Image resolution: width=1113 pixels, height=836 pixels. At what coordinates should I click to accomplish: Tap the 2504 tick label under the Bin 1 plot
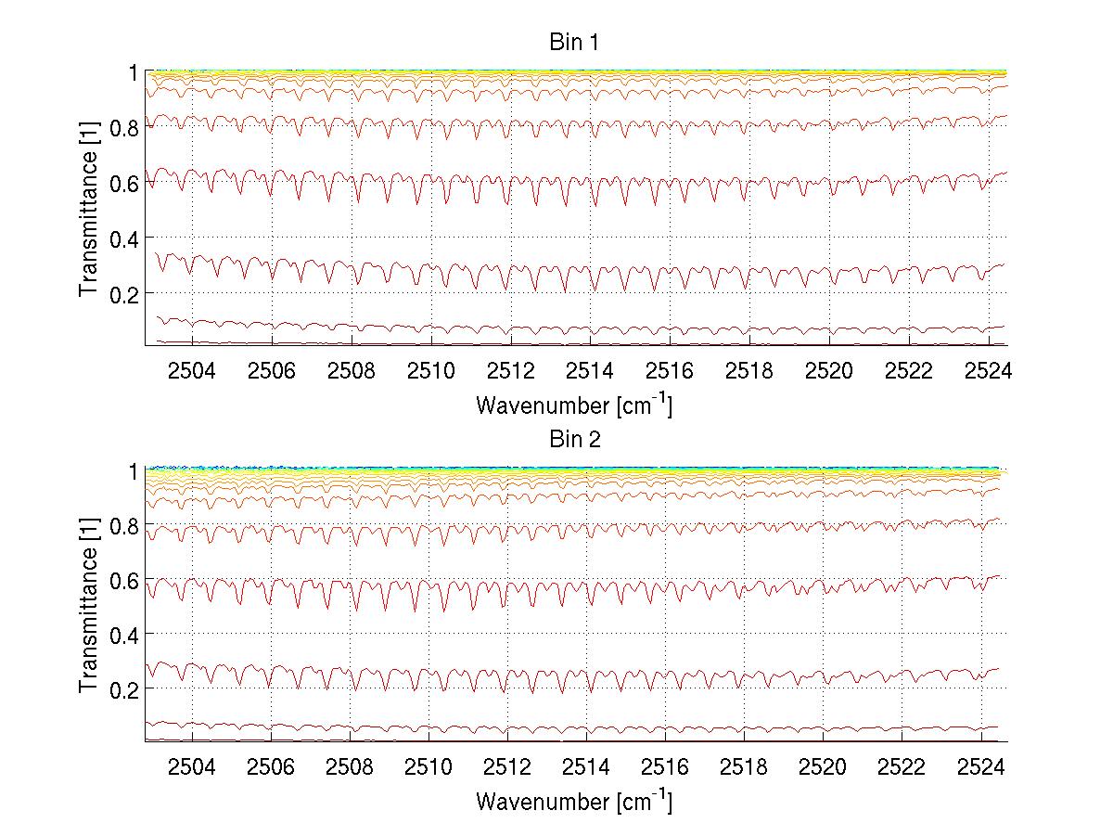(x=192, y=371)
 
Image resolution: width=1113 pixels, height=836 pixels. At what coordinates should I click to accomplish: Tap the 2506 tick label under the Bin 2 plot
(x=273, y=768)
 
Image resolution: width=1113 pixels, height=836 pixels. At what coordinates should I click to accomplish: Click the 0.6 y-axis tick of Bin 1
(x=123, y=183)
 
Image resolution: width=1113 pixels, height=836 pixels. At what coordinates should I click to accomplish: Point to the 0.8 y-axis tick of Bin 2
(x=123, y=525)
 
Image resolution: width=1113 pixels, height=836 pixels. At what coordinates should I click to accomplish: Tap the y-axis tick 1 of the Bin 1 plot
(x=134, y=72)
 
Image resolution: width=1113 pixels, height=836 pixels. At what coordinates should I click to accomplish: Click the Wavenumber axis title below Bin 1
(x=574, y=405)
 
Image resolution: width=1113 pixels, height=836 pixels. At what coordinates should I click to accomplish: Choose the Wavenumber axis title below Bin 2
(x=574, y=801)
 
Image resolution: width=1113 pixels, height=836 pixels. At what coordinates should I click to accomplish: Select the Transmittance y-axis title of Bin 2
(x=89, y=604)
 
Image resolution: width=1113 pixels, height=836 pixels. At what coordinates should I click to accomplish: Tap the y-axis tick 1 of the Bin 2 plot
(x=134, y=470)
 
